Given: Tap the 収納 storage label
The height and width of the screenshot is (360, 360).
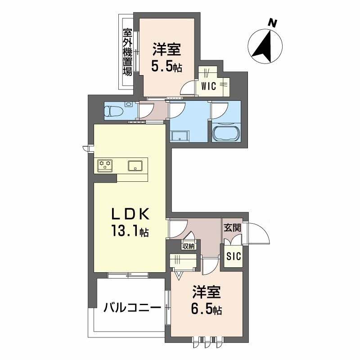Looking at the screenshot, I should tap(189, 246).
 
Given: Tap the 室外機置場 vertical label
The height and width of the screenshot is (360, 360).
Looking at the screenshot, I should tap(127, 52).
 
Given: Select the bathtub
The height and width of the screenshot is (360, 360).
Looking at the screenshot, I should tap(226, 134).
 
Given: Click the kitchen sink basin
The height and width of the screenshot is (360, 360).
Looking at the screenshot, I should tap(136, 165).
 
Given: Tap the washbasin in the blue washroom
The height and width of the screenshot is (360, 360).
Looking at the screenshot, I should tap(180, 135).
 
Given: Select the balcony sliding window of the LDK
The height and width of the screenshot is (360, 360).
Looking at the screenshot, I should tap(128, 275).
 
